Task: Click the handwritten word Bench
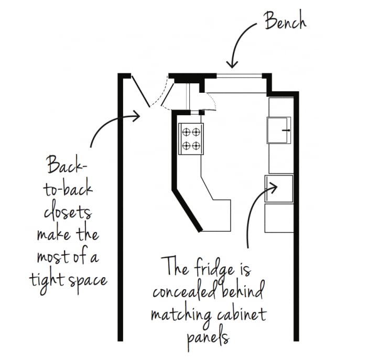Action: coord(285,21)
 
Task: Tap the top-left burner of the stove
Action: coord(186,132)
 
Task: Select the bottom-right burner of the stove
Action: coord(196,146)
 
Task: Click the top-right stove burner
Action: coord(196,132)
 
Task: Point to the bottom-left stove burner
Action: coord(186,146)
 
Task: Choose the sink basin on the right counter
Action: coord(279,130)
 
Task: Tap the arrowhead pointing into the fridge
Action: coord(273,187)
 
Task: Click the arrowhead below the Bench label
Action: coord(232,64)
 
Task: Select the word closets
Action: coord(68,213)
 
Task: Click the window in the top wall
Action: coord(240,76)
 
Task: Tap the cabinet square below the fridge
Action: coord(279,218)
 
